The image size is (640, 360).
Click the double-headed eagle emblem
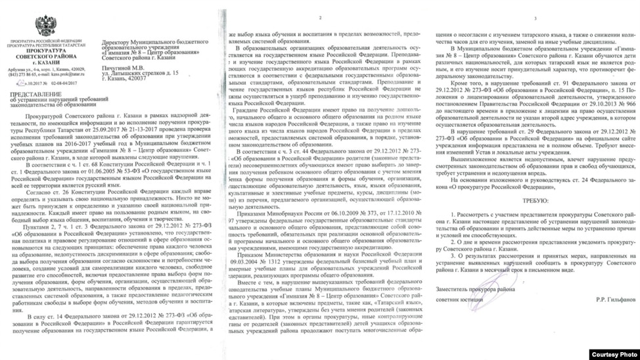tap(45, 26)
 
